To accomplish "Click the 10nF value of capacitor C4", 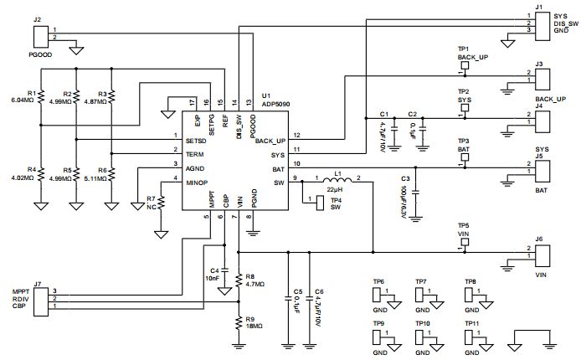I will pyautogui.click(x=211, y=277).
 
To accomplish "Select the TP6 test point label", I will pyautogui.click(x=378, y=281).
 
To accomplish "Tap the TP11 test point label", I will pyautogui.click(x=471, y=322).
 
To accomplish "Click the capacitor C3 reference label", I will pyautogui.click(x=404, y=179).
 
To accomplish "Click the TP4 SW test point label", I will pyautogui.click(x=335, y=203).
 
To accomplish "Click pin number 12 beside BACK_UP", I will pyautogui.click(x=296, y=135).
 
